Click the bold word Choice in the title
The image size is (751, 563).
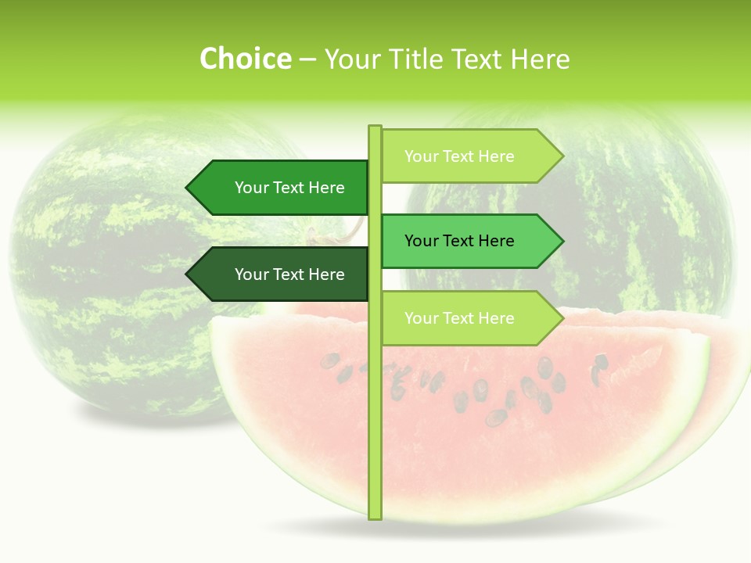point(245,59)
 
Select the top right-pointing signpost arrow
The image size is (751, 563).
point(469,156)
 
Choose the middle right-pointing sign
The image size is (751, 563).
point(469,241)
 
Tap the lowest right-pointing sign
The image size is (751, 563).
point(469,318)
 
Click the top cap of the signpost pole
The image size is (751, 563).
point(375,127)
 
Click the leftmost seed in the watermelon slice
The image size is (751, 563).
point(330,361)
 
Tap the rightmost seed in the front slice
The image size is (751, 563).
point(601,362)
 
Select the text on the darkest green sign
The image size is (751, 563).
point(289,274)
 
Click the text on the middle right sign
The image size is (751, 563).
point(459,241)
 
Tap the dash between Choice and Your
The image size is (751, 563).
point(307,59)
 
